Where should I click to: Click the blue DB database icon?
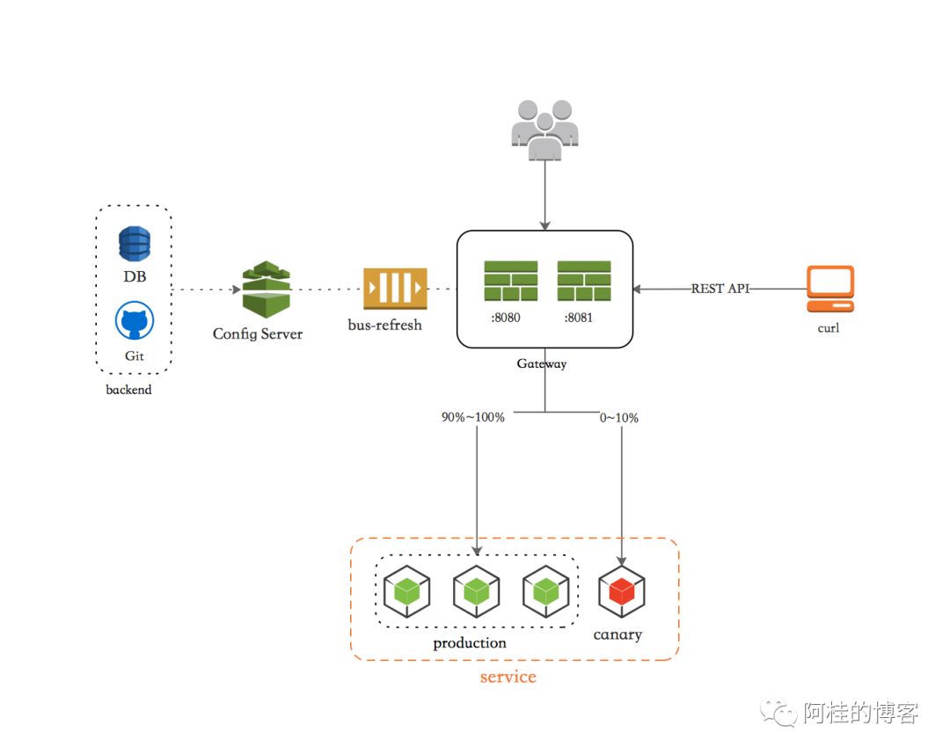coord(135,244)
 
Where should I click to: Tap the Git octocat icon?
coord(135,320)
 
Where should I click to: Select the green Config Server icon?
coord(266,289)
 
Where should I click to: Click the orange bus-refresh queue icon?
coord(395,289)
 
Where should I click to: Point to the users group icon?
coord(544,129)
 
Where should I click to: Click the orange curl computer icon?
coord(830,289)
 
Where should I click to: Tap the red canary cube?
coord(622,591)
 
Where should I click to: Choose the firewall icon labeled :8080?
coord(511,281)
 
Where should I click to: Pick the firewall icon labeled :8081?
coord(584,281)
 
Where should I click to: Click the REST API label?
coord(720,289)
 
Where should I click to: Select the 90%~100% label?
coord(472,417)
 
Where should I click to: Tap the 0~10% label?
coord(618,417)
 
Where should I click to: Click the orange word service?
coord(508,676)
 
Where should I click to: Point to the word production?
coord(470,643)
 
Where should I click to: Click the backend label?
coord(128,390)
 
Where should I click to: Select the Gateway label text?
coord(542,363)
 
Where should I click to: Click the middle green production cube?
coord(476,591)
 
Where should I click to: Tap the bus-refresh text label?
coord(384,325)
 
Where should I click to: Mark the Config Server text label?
coord(258,334)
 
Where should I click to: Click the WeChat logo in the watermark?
coord(778,713)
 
